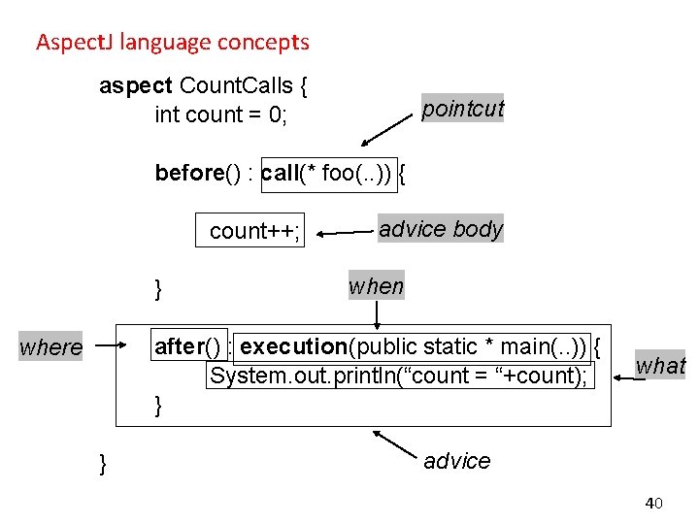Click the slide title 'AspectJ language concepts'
point(172,43)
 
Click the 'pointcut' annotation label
point(462,109)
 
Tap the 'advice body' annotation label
point(441,229)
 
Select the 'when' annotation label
point(376,285)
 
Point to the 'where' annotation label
point(51,346)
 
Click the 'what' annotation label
point(660,366)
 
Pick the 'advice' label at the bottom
point(456,461)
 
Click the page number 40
point(653,503)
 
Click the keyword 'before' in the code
point(189,174)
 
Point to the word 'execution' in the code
point(293,346)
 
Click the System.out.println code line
point(399,377)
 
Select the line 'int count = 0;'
point(220,115)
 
